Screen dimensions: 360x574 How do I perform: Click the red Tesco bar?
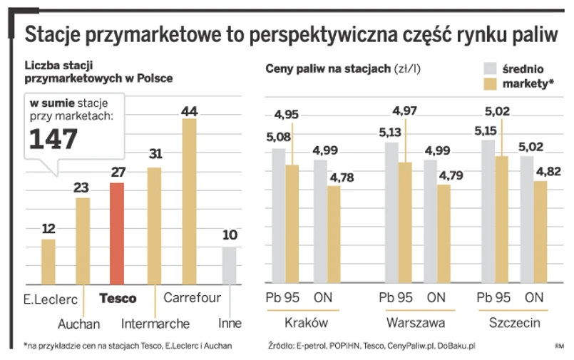(x=116, y=233)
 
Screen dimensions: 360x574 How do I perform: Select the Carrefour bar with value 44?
(x=189, y=201)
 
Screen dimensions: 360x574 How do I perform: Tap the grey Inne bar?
(x=228, y=265)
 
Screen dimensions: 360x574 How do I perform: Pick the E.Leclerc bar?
(x=48, y=261)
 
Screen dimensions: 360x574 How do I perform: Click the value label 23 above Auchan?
(x=82, y=188)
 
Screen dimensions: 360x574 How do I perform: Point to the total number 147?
(x=53, y=138)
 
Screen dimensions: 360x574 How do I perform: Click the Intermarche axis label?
(x=155, y=323)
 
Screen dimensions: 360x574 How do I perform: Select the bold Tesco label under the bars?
(x=118, y=298)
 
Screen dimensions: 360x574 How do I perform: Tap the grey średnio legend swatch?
(x=491, y=68)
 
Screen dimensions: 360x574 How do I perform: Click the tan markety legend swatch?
(x=491, y=85)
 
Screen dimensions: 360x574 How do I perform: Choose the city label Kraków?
(x=305, y=323)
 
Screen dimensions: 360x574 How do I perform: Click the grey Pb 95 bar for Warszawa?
(x=391, y=212)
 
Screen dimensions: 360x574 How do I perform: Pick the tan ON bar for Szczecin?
(x=540, y=232)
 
